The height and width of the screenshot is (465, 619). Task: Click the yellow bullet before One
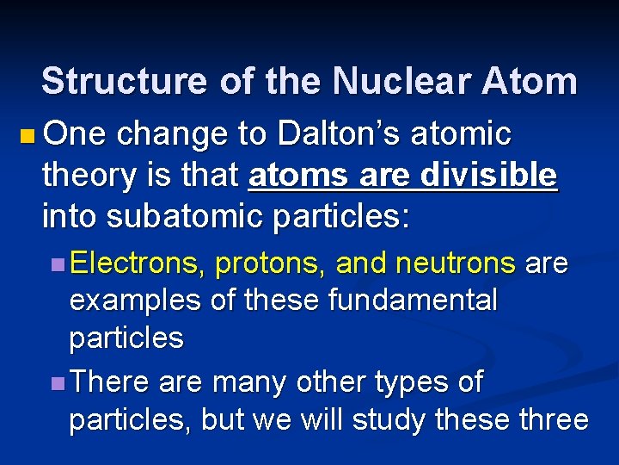point(28,135)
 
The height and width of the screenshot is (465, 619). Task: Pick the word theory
point(86,176)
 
